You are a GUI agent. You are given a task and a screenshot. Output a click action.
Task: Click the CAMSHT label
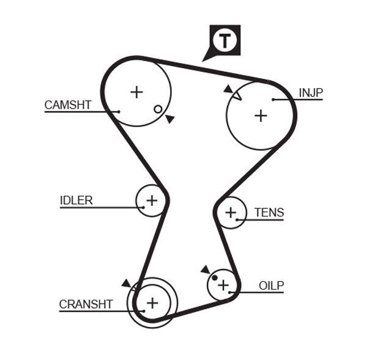(x=67, y=105)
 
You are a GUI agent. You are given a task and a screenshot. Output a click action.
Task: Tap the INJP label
(x=310, y=92)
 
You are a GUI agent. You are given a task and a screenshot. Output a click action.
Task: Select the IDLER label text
(x=76, y=200)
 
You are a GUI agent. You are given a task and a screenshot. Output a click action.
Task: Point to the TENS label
(x=269, y=213)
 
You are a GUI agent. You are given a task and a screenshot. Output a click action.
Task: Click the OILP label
(x=271, y=285)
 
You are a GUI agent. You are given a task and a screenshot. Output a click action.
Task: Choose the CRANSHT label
(x=86, y=304)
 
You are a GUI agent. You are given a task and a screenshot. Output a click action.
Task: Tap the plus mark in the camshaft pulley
(x=136, y=92)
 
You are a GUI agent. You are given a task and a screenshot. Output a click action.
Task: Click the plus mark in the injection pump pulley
(x=261, y=115)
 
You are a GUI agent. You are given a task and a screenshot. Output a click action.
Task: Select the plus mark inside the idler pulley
(x=151, y=200)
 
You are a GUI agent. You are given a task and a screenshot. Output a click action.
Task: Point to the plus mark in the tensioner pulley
(x=230, y=213)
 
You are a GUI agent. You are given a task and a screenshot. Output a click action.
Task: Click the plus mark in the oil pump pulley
(x=223, y=285)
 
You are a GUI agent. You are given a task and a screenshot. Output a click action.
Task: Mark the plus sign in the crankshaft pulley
(x=152, y=302)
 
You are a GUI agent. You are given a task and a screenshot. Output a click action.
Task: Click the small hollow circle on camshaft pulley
(x=158, y=109)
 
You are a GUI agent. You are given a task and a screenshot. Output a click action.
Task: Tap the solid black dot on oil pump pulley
(x=214, y=278)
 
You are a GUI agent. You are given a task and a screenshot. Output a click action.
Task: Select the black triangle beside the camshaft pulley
(x=169, y=119)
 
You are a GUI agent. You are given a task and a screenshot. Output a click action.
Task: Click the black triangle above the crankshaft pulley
(x=126, y=282)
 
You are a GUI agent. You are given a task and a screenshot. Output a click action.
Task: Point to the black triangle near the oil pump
(x=205, y=270)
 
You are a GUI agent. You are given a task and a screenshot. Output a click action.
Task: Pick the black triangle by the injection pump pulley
(x=228, y=89)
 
